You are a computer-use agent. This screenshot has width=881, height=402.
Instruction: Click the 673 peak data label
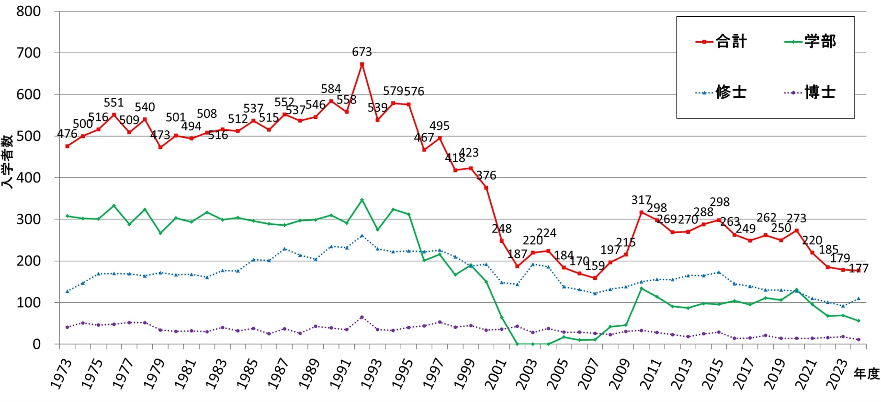pyautogui.click(x=361, y=52)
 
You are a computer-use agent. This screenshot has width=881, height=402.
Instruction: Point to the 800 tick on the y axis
pyautogui.click(x=29, y=11)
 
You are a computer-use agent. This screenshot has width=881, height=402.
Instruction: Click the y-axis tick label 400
pyautogui.click(x=29, y=178)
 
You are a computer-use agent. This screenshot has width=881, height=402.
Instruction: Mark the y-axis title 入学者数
pyautogui.click(x=7, y=161)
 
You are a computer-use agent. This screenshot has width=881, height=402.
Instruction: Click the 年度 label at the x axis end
pyautogui.click(x=867, y=374)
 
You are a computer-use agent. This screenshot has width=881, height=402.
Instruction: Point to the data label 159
pyautogui.click(x=595, y=266)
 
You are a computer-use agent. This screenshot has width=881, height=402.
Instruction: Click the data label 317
pyautogui.click(x=641, y=200)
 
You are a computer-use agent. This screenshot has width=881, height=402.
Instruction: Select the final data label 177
pyautogui.click(x=858, y=268)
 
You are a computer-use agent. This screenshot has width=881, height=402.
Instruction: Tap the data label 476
pyautogui.click(x=67, y=134)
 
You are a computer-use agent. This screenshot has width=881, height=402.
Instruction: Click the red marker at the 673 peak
pyautogui.click(x=362, y=64)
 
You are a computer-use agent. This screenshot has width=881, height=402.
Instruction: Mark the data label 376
pyautogui.click(x=486, y=176)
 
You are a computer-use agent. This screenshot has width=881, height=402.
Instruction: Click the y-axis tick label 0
pyautogui.click(x=36, y=345)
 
